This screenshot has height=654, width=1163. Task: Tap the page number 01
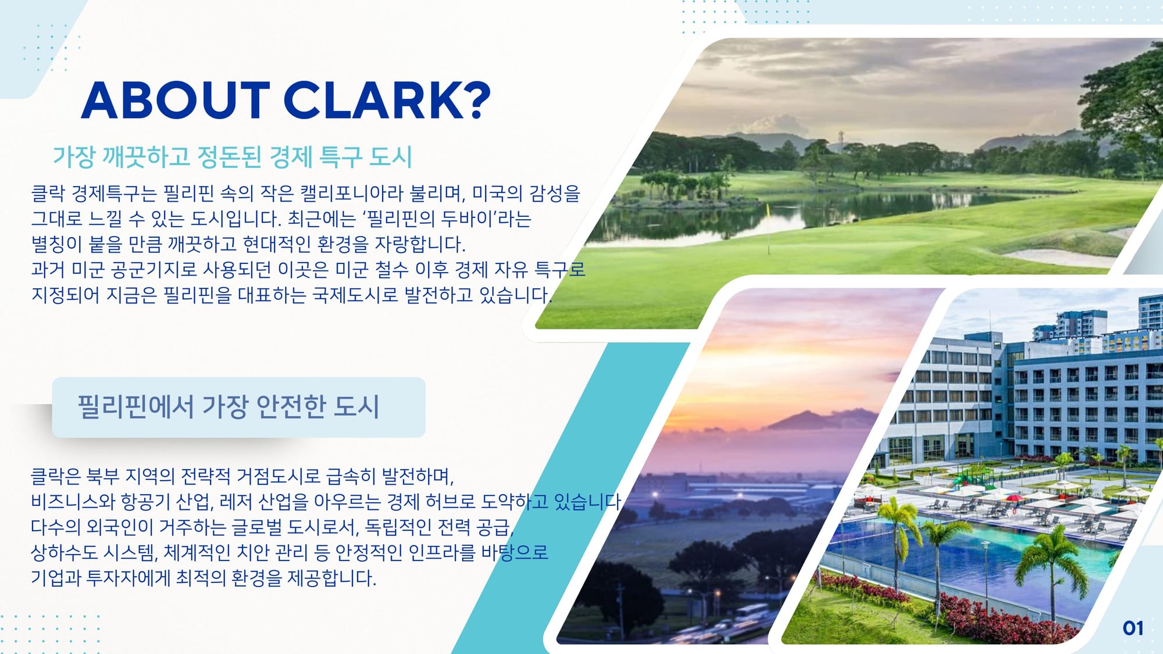pyautogui.click(x=1133, y=628)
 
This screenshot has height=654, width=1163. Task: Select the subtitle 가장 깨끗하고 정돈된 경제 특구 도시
pyautogui.click(x=233, y=157)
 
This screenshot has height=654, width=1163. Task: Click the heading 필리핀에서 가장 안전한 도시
pyautogui.click(x=229, y=406)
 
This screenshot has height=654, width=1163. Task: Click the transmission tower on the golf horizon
pyautogui.click(x=841, y=140)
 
